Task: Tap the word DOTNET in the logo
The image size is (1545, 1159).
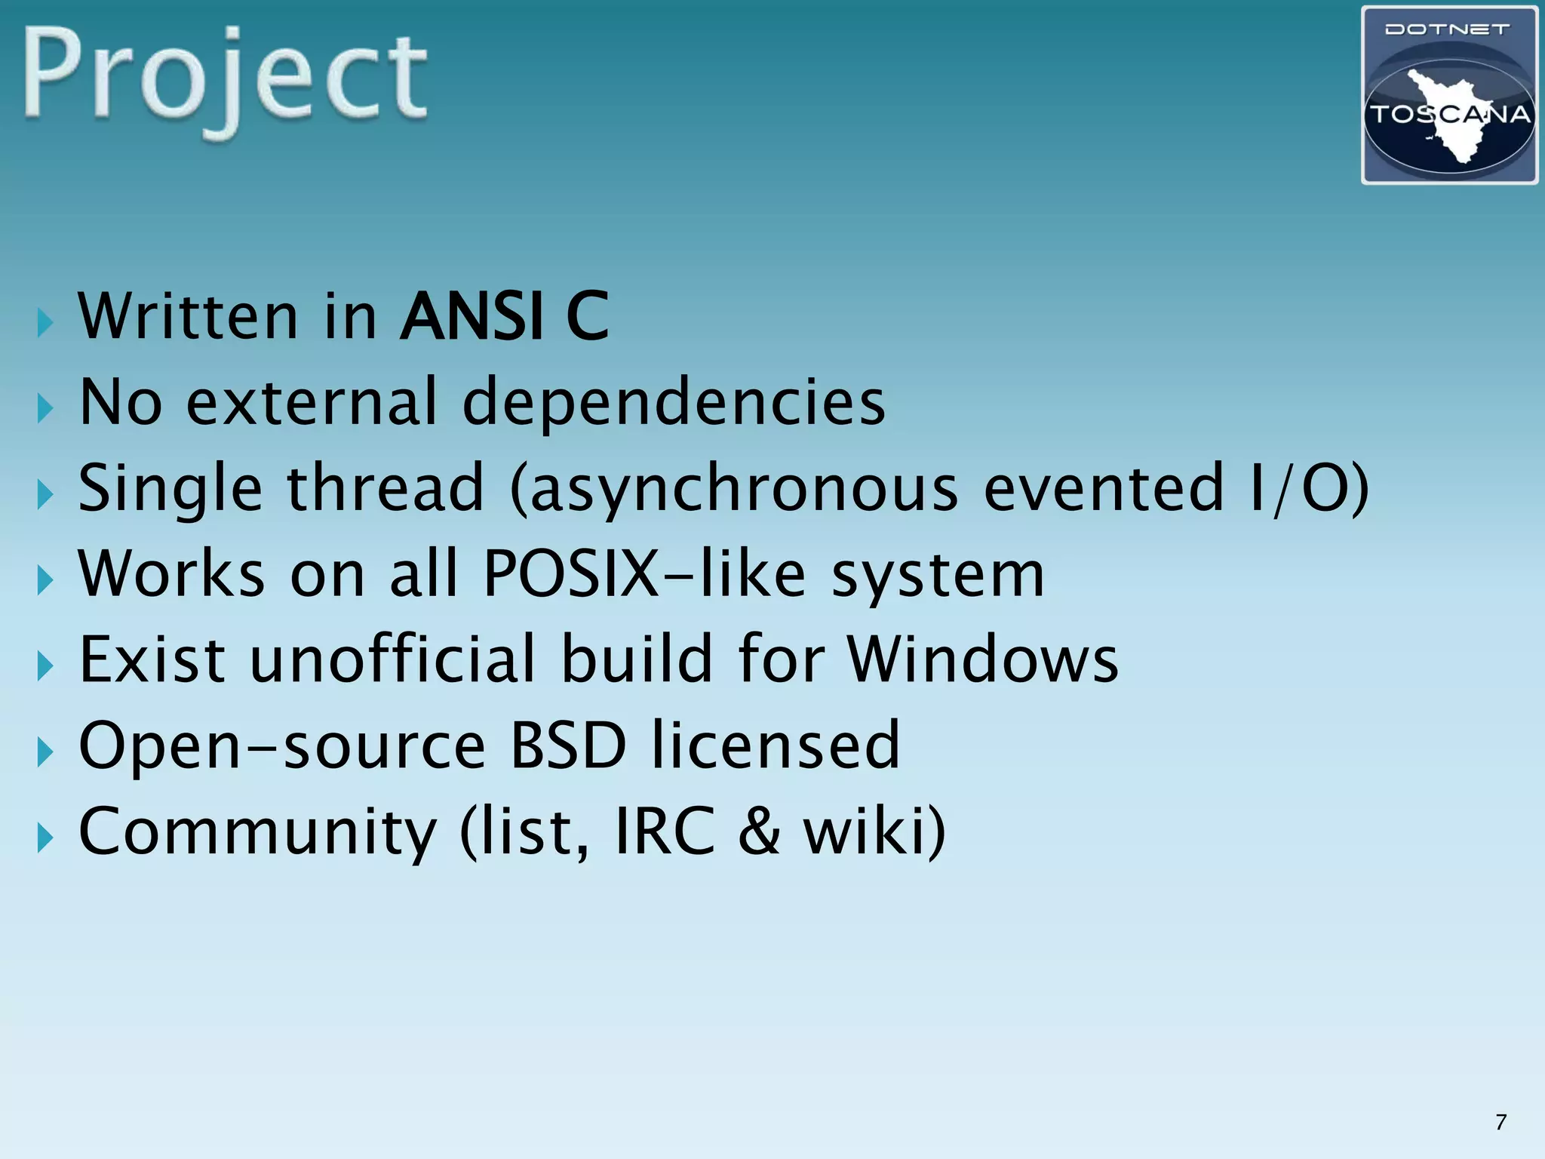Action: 1448,29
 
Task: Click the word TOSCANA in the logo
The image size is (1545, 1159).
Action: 1449,115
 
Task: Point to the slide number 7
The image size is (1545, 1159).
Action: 1500,1122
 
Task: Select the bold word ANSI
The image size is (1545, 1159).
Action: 472,316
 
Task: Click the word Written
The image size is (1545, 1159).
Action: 189,316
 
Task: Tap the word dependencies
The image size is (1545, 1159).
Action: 673,402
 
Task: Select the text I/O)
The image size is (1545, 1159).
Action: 1308,489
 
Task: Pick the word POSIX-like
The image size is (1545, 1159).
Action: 644,574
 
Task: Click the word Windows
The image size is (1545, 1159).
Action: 983,659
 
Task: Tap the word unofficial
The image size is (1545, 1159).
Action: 392,659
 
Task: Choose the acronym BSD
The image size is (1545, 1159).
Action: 568,746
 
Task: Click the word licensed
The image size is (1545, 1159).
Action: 776,746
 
